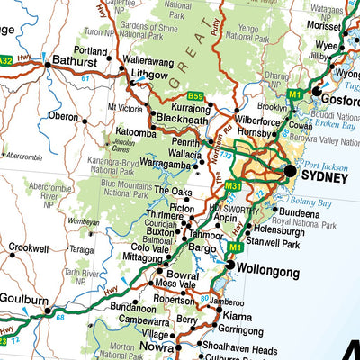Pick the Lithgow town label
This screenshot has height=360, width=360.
[149, 76]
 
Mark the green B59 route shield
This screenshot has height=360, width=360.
[196, 95]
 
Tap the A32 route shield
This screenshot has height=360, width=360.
[6, 61]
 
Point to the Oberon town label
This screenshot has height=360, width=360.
[64, 116]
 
